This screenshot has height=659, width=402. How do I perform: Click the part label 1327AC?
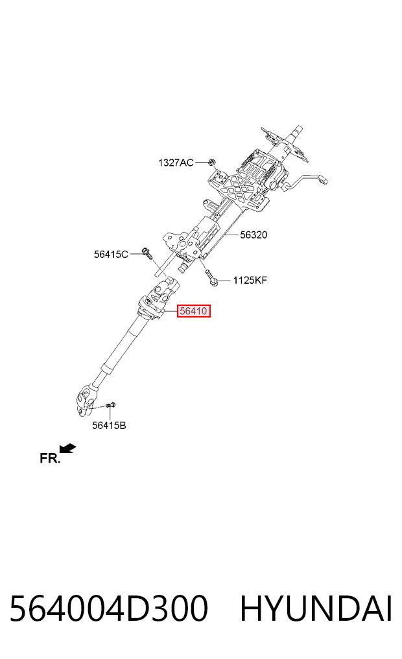(x=176, y=162)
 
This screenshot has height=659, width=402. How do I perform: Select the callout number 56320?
(x=254, y=235)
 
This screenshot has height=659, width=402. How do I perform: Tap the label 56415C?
(x=111, y=254)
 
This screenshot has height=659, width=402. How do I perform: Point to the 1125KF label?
(x=250, y=280)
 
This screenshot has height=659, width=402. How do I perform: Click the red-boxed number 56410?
(x=193, y=311)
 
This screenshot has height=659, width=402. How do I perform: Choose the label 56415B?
(x=109, y=425)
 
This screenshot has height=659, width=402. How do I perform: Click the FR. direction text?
(x=50, y=458)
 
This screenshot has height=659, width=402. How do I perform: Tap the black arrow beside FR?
(x=67, y=448)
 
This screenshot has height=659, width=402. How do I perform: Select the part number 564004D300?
(x=108, y=608)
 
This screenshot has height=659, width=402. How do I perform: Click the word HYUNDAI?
(x=316, y=608)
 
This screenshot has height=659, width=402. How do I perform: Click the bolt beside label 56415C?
(x=147, y=253)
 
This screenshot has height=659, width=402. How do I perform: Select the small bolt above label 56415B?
(x=111, y=405)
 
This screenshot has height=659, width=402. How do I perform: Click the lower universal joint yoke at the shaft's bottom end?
(x=85, y=400)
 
